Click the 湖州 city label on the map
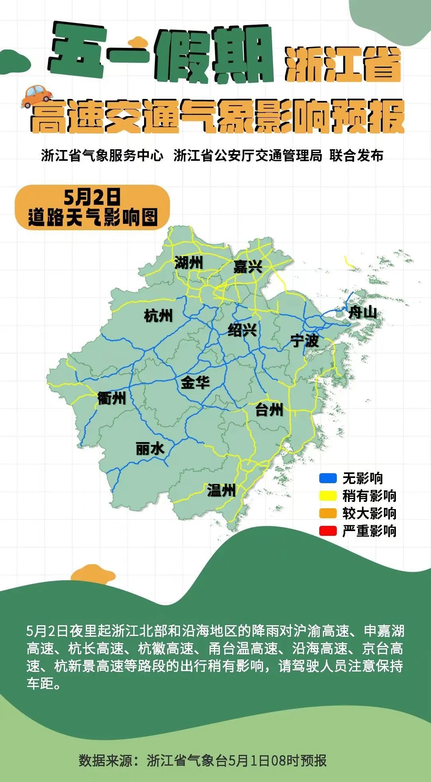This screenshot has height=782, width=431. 188,263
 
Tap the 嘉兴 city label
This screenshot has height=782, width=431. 247,266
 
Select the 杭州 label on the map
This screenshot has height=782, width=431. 158,316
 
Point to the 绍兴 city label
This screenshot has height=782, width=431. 242,330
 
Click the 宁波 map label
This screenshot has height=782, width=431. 304,341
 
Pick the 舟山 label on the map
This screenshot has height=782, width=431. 362,312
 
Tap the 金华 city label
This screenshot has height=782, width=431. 195,383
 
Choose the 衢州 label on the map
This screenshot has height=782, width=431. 111,398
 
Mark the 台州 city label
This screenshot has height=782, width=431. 269,409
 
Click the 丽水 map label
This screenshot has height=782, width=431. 150,449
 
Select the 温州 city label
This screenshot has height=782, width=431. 221,490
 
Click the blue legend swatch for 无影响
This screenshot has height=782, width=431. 328,478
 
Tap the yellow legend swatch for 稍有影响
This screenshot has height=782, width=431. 328,496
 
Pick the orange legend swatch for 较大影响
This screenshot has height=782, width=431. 328,513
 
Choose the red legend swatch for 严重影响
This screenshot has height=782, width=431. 328,531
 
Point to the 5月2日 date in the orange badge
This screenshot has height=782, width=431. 92,197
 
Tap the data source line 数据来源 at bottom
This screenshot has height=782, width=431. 203,760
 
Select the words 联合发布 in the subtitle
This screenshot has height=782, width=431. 356,156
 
